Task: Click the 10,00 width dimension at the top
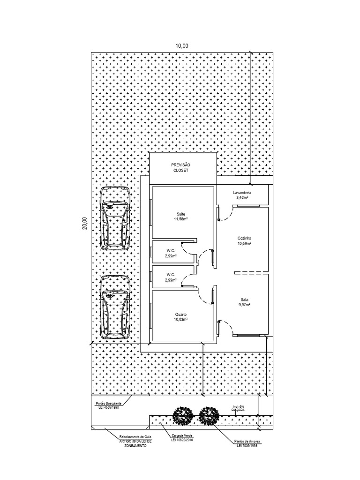click(182, 45)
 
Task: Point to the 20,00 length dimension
click(84, 223)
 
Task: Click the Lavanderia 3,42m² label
click(242, 195)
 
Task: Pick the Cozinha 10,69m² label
click(244, 241)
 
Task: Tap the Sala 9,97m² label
click(245, 302)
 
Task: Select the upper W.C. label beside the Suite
click(170, 254)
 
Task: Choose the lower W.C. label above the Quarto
click(170, 277)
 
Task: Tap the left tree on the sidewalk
click(183, 415)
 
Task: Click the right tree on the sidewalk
click(209, 415)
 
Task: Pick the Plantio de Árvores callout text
click(247, 443)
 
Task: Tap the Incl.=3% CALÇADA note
click(238, 408)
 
